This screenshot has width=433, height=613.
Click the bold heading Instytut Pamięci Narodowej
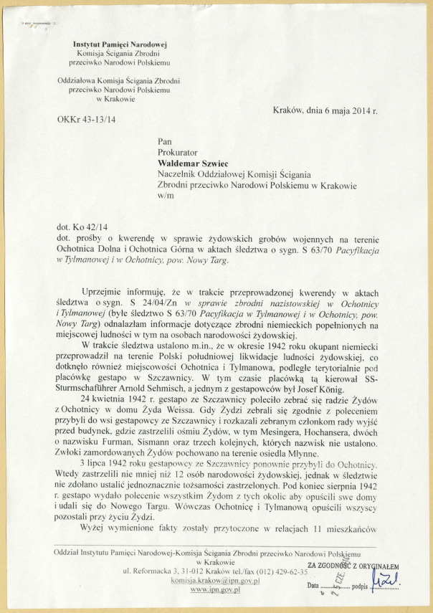click(120, 45)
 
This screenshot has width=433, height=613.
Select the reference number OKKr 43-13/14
click(86, 118)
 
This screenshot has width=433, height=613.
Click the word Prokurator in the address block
click(182, 152)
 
